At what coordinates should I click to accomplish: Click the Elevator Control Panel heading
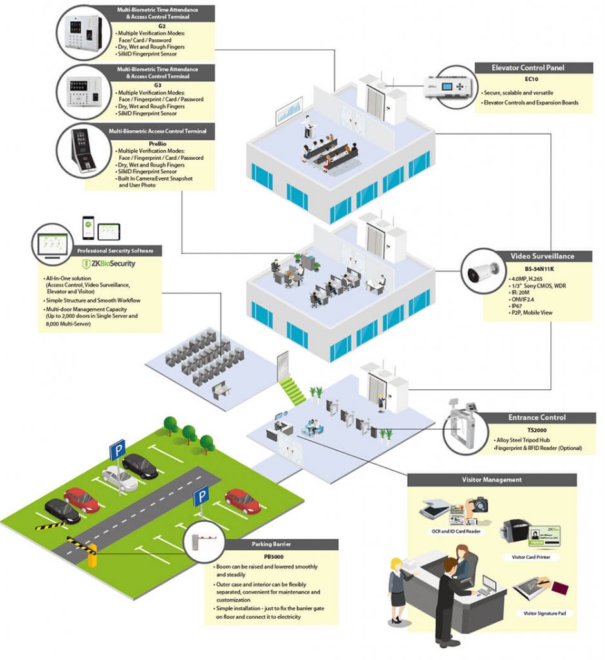[x=533, y=68]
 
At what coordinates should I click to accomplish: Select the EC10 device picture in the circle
[x=447, y=84]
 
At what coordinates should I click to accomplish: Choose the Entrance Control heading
[x=536, y=418]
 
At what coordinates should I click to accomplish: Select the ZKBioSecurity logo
[x=110, y=264]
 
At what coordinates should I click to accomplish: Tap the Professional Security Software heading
[x=110, y=251]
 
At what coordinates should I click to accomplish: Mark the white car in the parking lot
[x=119, y=478]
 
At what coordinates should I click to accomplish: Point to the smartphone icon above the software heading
[x=88, y=225]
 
